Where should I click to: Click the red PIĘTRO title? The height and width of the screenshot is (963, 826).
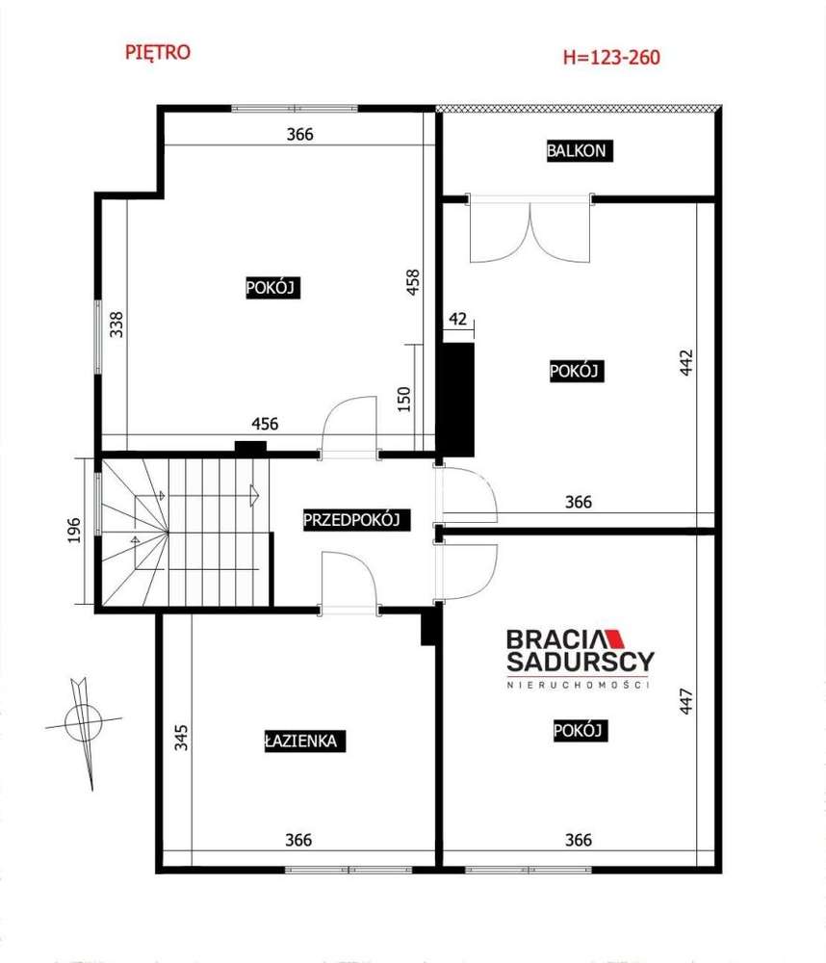[x=158, y=52]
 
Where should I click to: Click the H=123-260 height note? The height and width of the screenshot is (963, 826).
[x=611, y=57]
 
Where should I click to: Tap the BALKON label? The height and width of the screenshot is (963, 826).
[x=578, y=150]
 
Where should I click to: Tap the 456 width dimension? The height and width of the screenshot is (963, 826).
[x=265, y=424]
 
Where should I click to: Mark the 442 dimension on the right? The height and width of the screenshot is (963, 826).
[x=686, y=364]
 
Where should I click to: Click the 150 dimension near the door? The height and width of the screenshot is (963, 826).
[x=403, y=398]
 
